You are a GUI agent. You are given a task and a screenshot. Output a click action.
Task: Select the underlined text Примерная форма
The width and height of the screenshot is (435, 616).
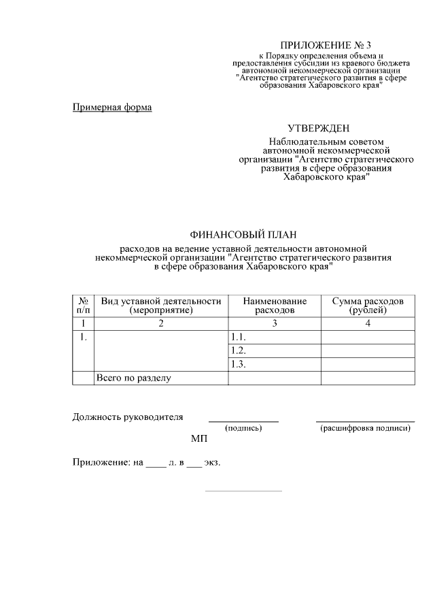(112, 107)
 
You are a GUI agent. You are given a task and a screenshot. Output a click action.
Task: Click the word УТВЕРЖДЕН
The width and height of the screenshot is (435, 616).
(319, 128)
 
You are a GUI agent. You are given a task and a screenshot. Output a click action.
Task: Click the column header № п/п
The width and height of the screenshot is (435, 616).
(82, 306)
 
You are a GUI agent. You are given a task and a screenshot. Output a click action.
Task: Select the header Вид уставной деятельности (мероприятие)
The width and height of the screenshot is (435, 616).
(161, 306)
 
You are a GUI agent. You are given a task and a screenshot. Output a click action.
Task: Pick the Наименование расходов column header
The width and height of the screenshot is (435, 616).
(275, 306)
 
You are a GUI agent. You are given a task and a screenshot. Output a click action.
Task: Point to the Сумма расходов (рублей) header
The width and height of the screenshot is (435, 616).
(367, 306)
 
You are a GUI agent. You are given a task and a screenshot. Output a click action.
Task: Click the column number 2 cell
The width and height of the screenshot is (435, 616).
(161, 323)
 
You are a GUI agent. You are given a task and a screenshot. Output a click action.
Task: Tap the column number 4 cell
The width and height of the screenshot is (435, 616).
(367, 323)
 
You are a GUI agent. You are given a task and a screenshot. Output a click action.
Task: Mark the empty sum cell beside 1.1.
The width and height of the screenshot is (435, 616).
(367, 338)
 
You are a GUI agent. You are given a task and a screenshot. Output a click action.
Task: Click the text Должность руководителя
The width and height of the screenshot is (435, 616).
(128, 417)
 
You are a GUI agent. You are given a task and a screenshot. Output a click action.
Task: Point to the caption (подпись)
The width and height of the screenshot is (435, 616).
(243, 428)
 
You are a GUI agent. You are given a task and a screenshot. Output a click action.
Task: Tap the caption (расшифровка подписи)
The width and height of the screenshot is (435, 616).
(365, 428)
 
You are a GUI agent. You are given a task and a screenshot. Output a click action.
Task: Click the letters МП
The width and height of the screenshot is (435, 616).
(198, 439)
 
